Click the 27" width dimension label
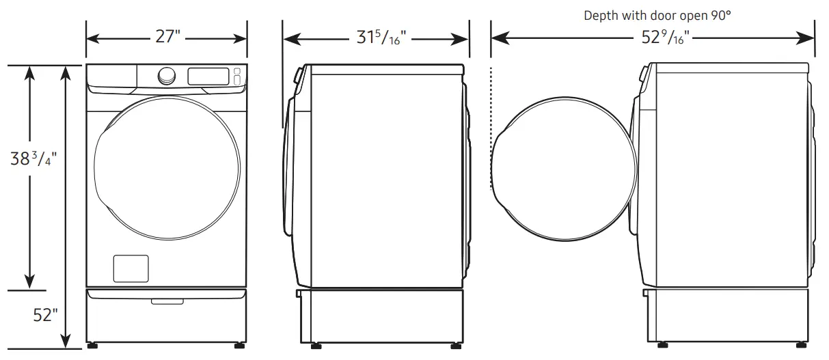pyautogui.click(x=166, y=37)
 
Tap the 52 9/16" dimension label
pyautogui.click(x=661, y=38)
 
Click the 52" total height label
pyautogui.click(x=46, y=315)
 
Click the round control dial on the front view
pyautogui.click(x=167, y=76)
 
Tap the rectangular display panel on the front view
pyautogui.click(x=208, y=76)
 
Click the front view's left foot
pyautogui.click(x=92, y=345)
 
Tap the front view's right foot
pyautogui.click(x=240, y=345)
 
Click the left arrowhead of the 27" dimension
pyautogui.click(x=91, y=38)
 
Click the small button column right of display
pyautogui.click(x=237, y=76)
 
